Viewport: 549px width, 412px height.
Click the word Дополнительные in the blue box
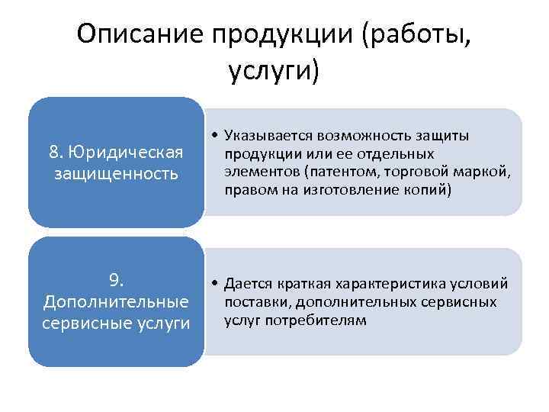[x=117, y=300]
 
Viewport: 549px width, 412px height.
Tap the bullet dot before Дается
[x=217, y=285]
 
